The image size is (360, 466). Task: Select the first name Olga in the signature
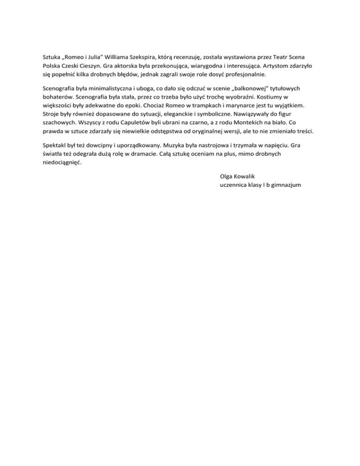coord(226,176)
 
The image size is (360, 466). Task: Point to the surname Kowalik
coord(247,176)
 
